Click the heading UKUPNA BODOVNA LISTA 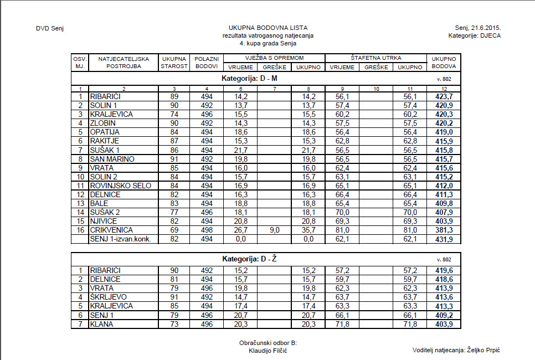pyautogui.click(x=268, y=28)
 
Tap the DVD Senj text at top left pyautogui.click(x=50, y=28)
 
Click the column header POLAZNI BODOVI pyautogui.click(x=207, y=62)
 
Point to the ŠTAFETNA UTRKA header pyautogui.click(x=375, y=58)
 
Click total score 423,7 pyautogui.click(x=443, y=96)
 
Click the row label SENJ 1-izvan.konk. pyautogui.click(x=121, y=239)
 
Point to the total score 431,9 pyautogui.click(x=443, y=239)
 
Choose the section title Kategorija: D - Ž pyautogui.click(x=250, y=259)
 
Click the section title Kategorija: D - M pyautogui.click(x=250, y=79)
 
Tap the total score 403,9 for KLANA pyautogui.click(x=443, y=324)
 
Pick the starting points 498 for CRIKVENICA pyautogui.click(x=207, y=230)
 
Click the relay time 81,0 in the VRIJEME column pyautogui.click(x=342, y=230)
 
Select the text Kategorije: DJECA pyautogui.click(x=478, y=35)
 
